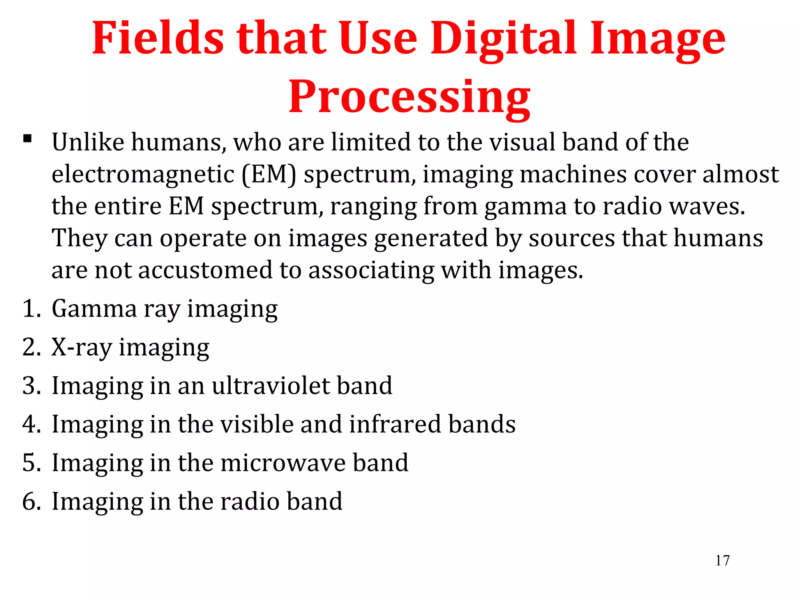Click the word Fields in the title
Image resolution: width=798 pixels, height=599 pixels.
click(x=158, y=38)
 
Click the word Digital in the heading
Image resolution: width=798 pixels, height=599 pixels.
click(x=503, y=38)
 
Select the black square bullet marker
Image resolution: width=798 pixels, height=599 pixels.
click(x=27, y=139)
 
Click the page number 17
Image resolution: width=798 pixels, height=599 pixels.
click(x=722, y=560)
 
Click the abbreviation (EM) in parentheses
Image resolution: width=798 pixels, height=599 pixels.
click(x=268, y=174)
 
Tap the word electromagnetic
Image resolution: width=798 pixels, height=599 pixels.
click(x=143, y=174)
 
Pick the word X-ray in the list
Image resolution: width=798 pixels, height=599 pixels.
click(x=81, y=347)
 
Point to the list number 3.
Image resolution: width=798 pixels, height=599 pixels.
click(x=31, y=386)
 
